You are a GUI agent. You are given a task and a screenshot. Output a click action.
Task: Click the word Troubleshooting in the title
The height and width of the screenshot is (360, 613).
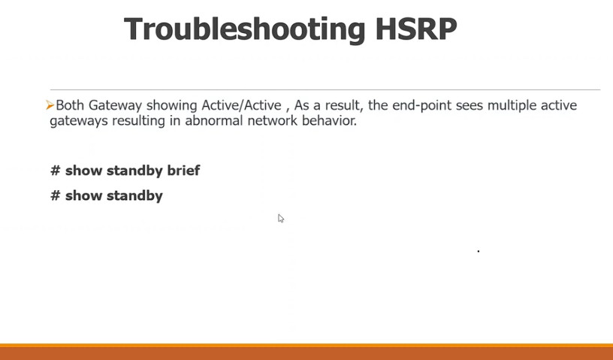[245, 30]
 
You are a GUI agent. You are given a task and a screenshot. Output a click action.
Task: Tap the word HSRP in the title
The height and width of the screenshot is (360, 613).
[416, 29]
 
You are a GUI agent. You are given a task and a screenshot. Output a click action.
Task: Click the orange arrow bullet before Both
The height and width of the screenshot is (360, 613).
[50, 105]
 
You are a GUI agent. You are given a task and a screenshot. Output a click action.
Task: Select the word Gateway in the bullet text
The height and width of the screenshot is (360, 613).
[115, 106]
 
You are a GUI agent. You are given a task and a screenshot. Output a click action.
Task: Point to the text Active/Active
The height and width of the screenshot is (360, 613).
[241, 105]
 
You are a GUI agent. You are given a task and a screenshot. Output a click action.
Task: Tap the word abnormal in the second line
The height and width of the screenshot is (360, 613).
[214, 120]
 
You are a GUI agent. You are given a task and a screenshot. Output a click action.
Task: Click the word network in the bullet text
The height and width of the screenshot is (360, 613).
[273, 120]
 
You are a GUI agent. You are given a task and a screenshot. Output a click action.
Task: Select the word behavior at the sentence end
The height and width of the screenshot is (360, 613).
[329, 120]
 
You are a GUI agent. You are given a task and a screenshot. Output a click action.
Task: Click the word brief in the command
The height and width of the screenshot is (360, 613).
[183, 170]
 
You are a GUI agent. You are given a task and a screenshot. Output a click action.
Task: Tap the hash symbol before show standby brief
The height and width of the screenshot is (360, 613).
[56, 170]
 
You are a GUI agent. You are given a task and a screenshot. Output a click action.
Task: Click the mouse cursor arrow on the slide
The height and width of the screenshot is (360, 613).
[281, 219]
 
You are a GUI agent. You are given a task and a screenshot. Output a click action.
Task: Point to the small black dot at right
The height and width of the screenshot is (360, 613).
[478, 251]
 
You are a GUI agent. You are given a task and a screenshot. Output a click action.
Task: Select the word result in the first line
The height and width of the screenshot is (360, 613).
[343, 105]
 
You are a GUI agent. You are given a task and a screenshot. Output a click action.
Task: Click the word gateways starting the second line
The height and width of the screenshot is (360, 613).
[79, 121]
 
